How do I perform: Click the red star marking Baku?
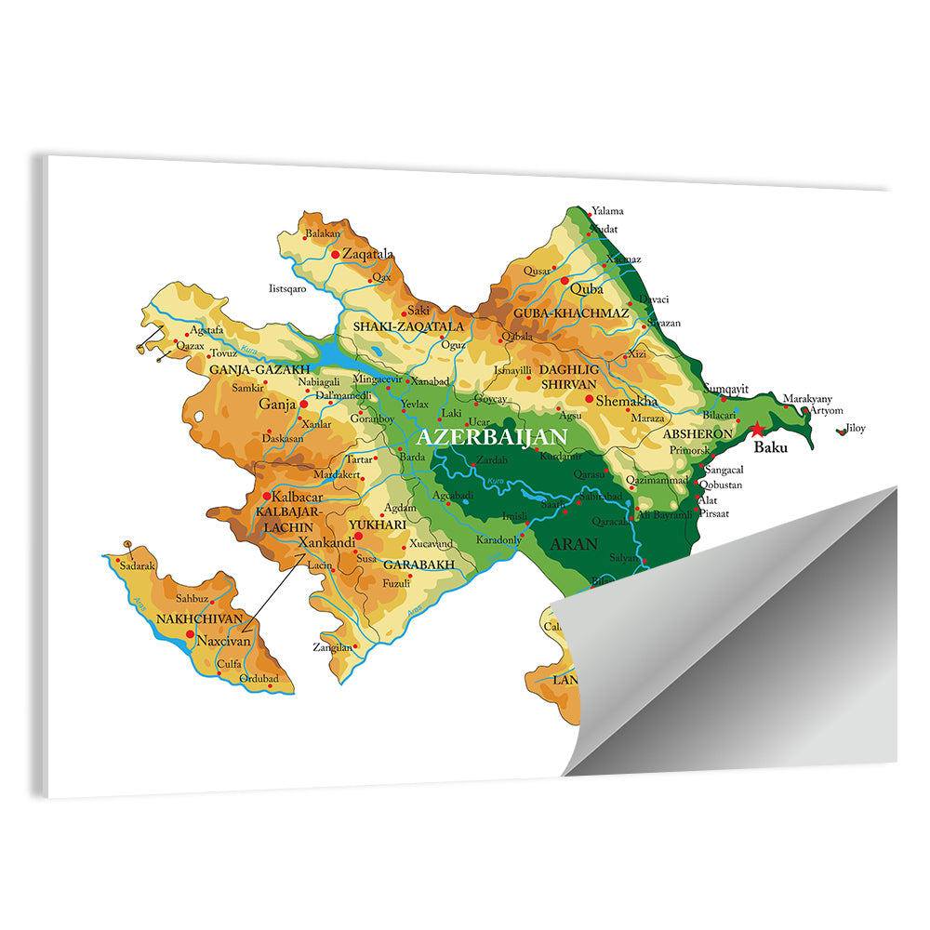(759, 429)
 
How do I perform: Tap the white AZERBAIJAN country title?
(492, 436)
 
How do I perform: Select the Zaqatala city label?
(367, 253)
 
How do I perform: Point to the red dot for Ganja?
(303, 405)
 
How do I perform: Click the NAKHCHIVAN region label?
(199, 618)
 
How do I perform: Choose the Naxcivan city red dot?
(191, 633)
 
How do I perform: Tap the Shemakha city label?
(627, 401)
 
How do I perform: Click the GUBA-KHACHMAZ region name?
(571, 313)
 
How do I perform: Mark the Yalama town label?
(608, 211)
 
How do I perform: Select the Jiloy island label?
(855, 429)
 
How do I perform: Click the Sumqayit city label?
(726, 388)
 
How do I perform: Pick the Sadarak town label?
(137, 565)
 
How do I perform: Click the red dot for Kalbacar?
(267, 496)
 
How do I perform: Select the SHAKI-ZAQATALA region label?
(407, 326)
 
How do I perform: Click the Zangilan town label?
(332, 647)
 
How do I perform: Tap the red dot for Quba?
(565, 280)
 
